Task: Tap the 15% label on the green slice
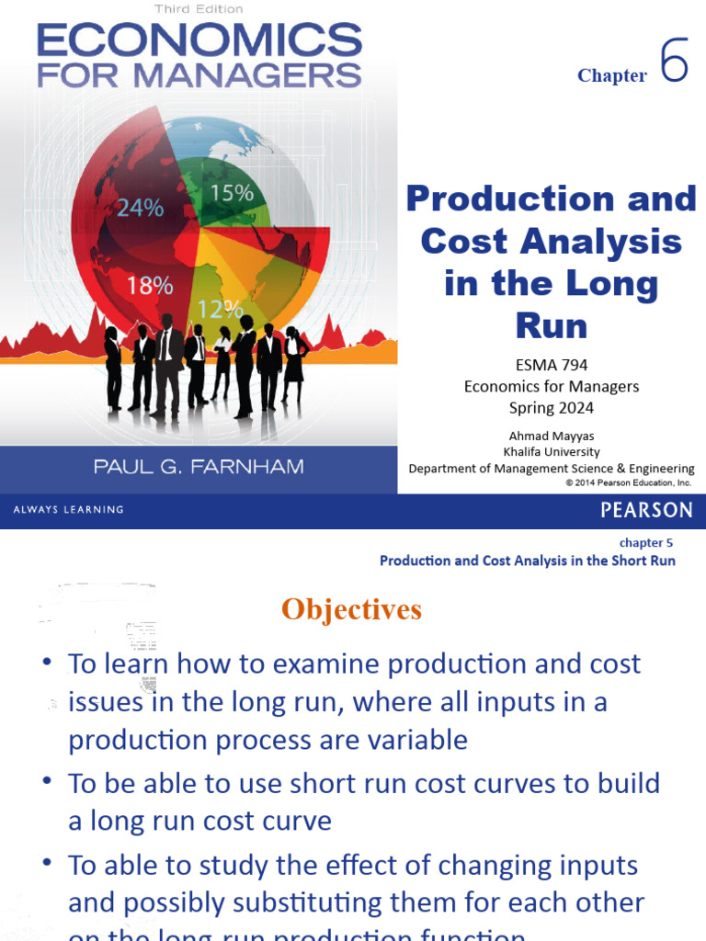click(x=232, y=192)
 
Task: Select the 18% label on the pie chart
click(x=150, y=285)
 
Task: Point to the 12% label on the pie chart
click(x=221, y=308)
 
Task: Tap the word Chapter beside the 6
click(x=612, y=75)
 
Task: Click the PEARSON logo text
click(x=646, y=510)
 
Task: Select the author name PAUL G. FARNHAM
click(x=198, y=468)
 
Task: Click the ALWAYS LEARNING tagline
click(x=68, y=510)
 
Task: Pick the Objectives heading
click(x=351, y=608)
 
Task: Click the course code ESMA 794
click(x=552, y=365)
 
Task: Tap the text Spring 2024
click(x=552, y=407)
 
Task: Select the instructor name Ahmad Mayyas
click(x=552, y=436)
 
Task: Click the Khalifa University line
click(x=552, y=451)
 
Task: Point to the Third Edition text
click(x=199, y=9)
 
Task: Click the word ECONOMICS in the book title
click(x=199, y=41)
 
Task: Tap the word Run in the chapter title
click(x=552, y=325)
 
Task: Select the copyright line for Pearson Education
click(x=628, y=482)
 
